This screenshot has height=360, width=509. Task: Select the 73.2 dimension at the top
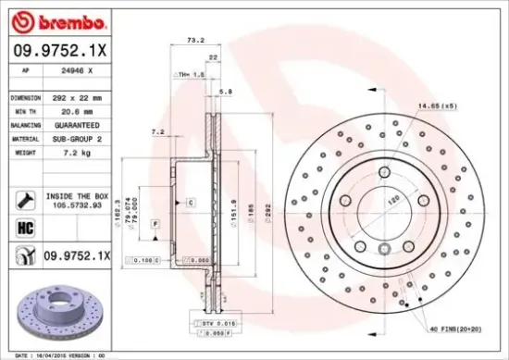[x=195, y=41]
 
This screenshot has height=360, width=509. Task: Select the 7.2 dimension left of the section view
[x=157, y=132]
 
